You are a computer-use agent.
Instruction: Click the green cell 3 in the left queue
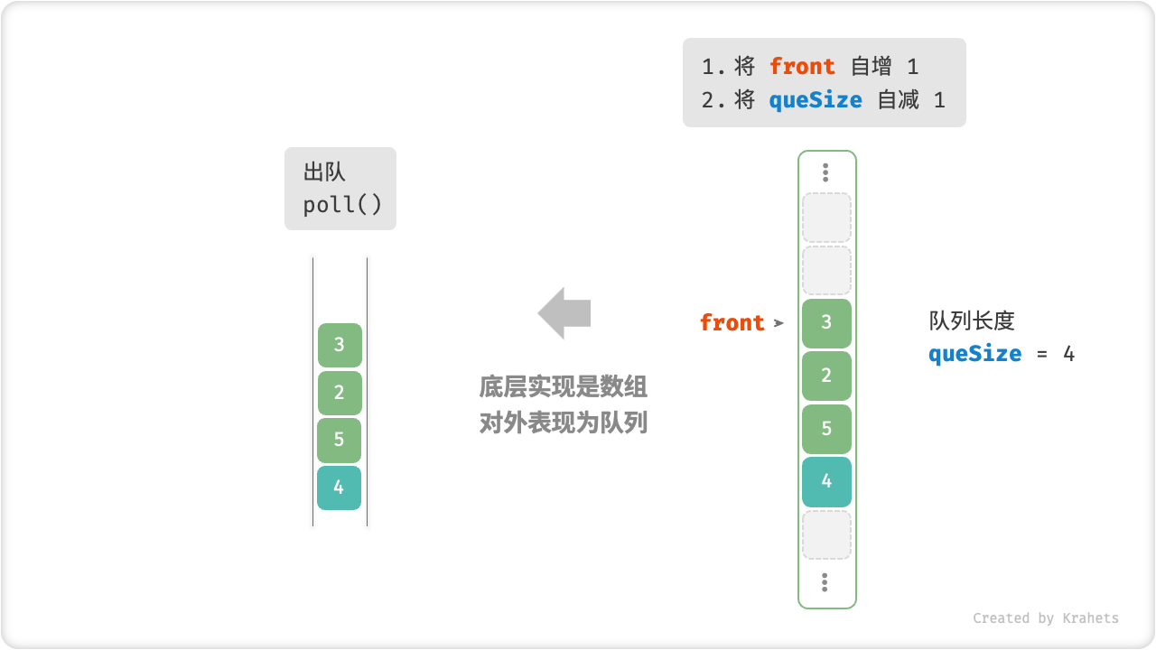(x=340, y=345)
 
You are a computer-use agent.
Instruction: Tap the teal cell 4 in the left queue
(x=339, y=487)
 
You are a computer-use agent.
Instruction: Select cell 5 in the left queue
(x=339, y=440)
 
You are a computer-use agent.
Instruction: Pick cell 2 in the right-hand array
(x=826, y=376)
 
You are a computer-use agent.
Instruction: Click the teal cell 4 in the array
(x=826, y=481)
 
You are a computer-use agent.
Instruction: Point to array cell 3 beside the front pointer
(x=826, y=323)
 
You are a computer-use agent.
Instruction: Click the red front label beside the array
(x=732, y=323)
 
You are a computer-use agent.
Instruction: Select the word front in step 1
(x=802, y=67)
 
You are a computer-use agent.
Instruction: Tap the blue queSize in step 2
(x=816, y=100)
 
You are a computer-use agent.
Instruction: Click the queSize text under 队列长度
(x=974, y=354)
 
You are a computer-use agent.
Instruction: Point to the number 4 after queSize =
(x=1068, y=354)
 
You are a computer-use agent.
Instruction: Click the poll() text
(x=342, y=205)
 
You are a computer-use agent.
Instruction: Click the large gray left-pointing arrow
(x=564, y=313)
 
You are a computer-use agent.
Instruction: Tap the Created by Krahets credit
(x=1045, y=618)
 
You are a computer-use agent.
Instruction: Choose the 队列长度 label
(x=972, y=321)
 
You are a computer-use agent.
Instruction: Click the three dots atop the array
(x=825, y=172)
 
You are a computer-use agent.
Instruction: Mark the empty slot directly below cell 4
(x=826, y=534)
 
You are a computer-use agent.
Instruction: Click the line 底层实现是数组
(x=563, y=387)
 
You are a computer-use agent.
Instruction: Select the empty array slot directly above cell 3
(x=826, y=271)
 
